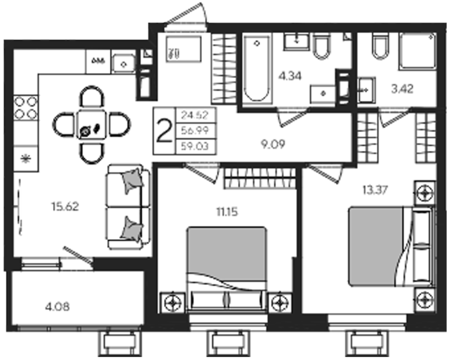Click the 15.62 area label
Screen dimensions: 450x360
click(65, 206)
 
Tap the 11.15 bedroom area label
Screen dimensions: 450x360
click(227, 212)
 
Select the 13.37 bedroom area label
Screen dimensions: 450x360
click(375, 190)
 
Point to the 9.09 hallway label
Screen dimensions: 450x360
click(273, 144)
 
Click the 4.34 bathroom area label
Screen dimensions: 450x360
click(290, 76)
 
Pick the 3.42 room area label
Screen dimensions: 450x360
click(402, 89)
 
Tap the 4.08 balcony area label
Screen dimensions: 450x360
click(57, 307)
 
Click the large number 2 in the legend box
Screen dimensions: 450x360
click(164, 131)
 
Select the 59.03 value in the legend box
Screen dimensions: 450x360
click(195, 146)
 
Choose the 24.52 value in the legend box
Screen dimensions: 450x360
click(195, 115)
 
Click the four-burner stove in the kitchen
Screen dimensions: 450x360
click(26, 108)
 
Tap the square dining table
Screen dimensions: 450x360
click(92, 125)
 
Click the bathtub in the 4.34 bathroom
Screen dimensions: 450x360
click(257, 68)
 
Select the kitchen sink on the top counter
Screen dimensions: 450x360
click(124, 64)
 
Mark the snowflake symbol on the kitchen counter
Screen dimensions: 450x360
click(25, 158)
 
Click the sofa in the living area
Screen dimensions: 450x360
click(128, 207)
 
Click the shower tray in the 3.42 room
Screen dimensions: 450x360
click(418, 51)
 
